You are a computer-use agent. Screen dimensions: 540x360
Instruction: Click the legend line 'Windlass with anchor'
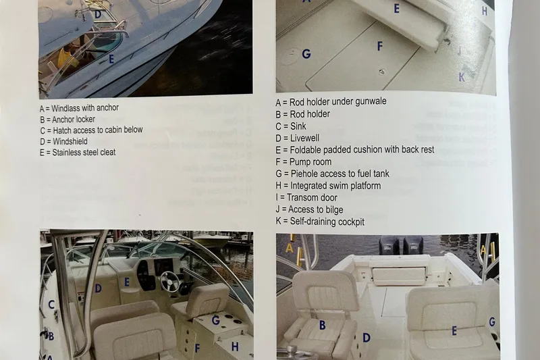(x=79, y=109)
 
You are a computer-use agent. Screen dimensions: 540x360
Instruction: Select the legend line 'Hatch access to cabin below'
(x=91, y=130)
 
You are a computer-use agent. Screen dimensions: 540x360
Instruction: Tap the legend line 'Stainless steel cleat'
(x=78, y=152)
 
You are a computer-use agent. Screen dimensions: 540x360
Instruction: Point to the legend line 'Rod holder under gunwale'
(x=331, y=102)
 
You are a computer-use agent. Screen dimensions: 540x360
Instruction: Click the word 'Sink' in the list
(x=298, y=126)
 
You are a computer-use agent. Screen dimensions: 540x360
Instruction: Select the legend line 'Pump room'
(x=304, y=162)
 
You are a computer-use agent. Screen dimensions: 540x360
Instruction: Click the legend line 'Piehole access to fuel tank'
(x=332, y=174)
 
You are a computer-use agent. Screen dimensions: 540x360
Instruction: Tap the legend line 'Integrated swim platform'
(x=328, y=186)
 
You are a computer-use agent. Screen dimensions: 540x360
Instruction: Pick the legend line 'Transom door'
(x=306, y=198)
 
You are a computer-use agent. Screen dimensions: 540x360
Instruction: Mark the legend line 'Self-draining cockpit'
(x=320, y=221)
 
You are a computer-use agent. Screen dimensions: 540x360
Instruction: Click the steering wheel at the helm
(x=170, y=282)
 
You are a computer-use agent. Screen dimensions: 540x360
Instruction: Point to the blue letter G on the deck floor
(x=306, y=54)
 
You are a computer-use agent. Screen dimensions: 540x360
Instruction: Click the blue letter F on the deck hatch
(x=380, y=46)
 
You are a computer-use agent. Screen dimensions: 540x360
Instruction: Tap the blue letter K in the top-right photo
(x=462, y=77)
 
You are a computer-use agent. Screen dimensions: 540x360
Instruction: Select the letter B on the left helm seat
(x=323, y=325)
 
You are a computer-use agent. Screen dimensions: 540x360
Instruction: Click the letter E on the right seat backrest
(x=454, y=331)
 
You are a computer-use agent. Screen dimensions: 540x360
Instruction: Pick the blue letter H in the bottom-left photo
(x=235, y=346)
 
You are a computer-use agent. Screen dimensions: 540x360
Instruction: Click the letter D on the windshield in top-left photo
(x=98, y=14)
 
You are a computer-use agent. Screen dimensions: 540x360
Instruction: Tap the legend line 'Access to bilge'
(x=309, y=209)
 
